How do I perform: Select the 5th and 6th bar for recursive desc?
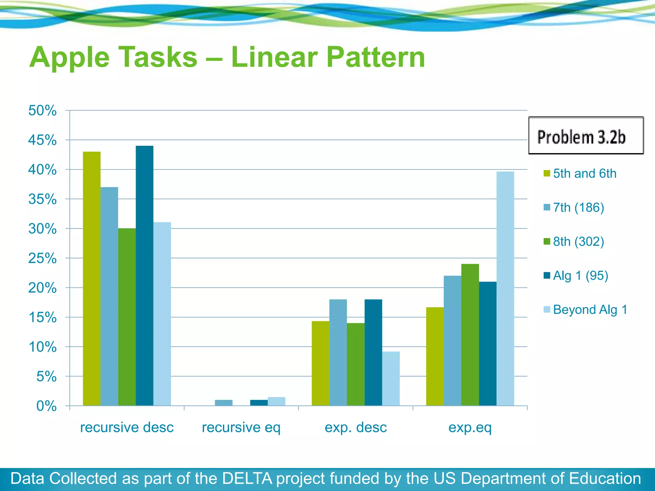tap(92, 278)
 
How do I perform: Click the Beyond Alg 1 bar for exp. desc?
tap(391, 378)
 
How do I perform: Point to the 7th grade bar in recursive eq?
tap(224, 403)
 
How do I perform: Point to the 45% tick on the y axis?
tap(43, 140)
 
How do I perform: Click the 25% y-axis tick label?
tap(43, 258)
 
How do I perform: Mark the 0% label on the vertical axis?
tap(46, 406)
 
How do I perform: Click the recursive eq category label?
tap(241, 427)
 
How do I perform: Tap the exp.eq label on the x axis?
tap(470, 427)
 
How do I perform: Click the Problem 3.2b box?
tap(586, 136)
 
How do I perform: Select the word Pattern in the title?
tap(376, 58)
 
